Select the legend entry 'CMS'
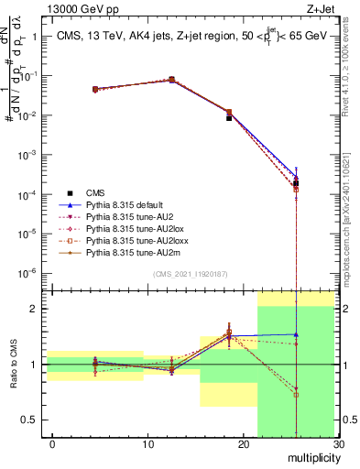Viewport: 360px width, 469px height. [95, 192]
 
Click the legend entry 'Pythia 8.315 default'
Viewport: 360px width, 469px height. [129, 204]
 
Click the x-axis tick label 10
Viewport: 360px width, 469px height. [147, 444]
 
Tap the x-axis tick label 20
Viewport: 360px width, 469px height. [244, 444]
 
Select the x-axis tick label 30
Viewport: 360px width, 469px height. [338, 444]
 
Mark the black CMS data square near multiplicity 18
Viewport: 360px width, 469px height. [229, 118]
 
